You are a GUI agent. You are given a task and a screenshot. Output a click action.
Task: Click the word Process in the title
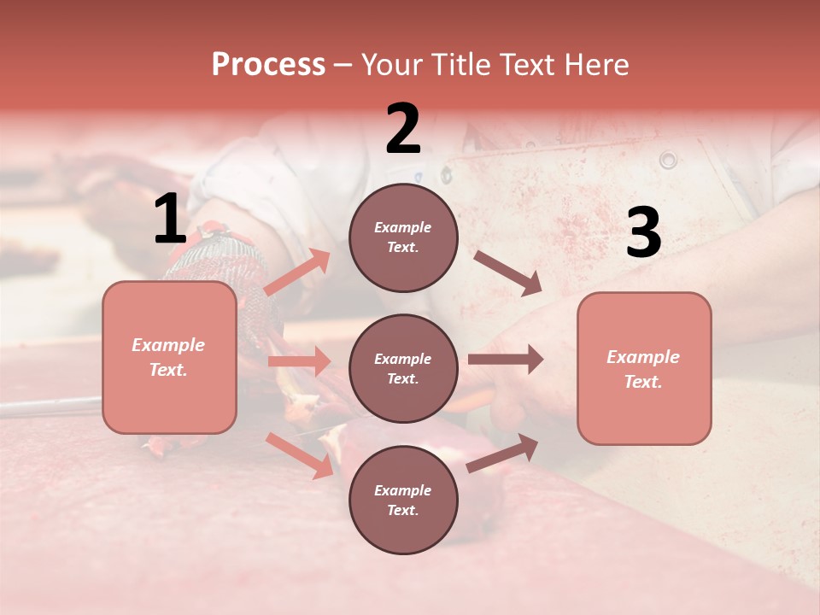click(x=268, y=65)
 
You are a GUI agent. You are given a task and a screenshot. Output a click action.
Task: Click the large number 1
click(x=170, y=220)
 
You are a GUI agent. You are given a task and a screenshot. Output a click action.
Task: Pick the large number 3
click(x=643, y=234)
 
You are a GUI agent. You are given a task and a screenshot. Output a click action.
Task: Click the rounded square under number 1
click(x=169, y=357)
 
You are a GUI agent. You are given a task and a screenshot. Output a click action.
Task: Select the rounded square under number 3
click(x=644, y=368)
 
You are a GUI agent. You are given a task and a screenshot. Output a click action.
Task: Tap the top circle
click(x=403, y=237)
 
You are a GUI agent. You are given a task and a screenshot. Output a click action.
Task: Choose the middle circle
click(x=403, y=368)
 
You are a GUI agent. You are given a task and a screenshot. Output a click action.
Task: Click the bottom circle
click(x=403, y=500)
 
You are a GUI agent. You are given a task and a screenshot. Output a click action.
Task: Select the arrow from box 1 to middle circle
click(x=300, y=361)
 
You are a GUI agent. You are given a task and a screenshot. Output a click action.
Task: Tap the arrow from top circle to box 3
click(x=508, y=273)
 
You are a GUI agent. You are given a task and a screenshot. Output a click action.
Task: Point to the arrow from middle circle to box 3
click(x=506, y=360)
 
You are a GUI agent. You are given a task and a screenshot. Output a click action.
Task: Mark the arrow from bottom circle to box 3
click(x=502, y=453)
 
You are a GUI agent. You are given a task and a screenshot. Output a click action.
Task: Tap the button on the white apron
click(x=668, y=160)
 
